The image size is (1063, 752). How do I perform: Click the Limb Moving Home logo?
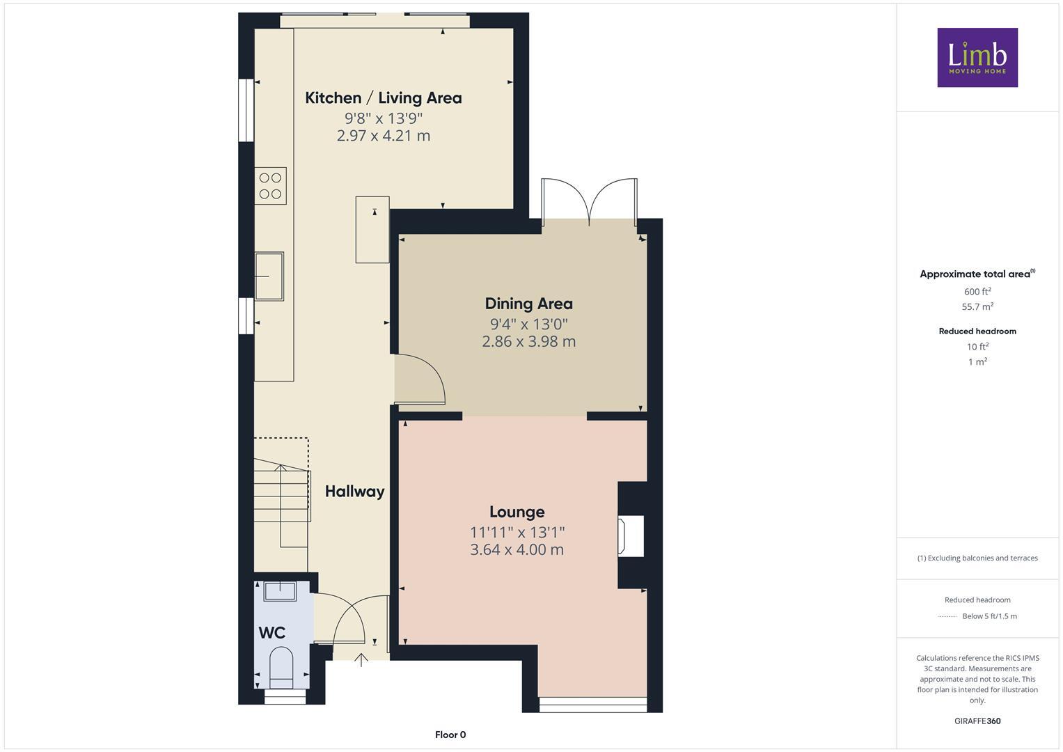(977, 57)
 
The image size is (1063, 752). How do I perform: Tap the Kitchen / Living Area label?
(383, 98)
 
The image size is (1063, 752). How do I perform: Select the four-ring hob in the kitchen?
(270, 185)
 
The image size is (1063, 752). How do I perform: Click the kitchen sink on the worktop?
(269, 276)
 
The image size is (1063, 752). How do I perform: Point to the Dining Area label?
(528, 304)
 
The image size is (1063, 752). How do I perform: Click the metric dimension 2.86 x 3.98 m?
(528, 341)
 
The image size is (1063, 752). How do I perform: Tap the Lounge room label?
(517, 512)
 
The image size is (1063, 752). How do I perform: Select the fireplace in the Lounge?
(631, 535)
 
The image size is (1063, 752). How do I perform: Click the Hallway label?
(354, 492)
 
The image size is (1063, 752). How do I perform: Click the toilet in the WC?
(282, 666)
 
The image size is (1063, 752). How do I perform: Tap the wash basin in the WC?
(280, 591)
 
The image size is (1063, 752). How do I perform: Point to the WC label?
(272, 633)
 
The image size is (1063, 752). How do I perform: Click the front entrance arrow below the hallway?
(361, 659)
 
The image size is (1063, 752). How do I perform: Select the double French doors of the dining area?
(590, 202)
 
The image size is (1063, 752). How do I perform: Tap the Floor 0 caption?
(450, 735)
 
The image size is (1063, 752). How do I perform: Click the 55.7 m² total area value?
(977, 306)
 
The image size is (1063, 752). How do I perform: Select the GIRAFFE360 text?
(977, 721)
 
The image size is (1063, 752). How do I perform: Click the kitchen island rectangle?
(372, 230)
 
